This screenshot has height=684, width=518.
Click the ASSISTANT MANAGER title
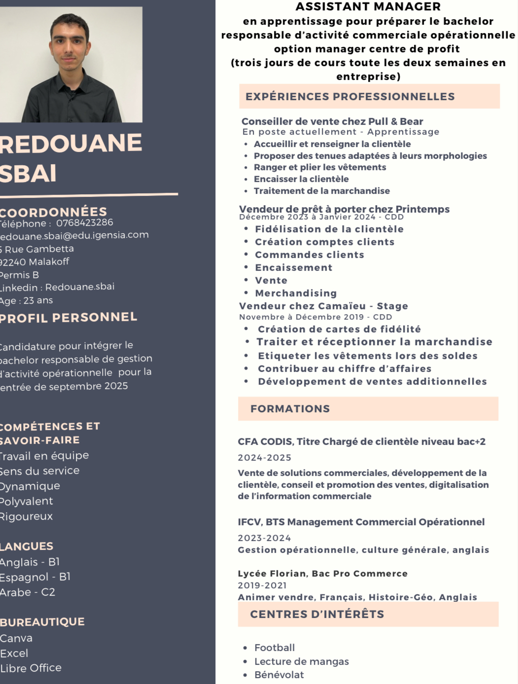pos(368,7)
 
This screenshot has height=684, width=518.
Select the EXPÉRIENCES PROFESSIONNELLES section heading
pos(350,97)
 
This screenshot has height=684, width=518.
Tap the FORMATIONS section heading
pos(290,409)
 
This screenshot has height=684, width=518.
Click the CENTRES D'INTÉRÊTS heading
pos(317,614)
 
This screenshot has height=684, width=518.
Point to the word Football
pos(275,648)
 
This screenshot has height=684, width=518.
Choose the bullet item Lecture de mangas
pos(301,661)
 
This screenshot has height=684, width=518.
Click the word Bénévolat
pos(279,675)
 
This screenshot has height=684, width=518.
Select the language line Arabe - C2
pos(28,592)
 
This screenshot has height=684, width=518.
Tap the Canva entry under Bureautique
pos(16,638)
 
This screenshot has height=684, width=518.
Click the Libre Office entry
pos(31,668)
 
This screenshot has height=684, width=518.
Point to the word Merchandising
pos(296,293)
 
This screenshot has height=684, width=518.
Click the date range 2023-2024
pos(264,538)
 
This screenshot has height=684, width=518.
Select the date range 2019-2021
pos(262,585)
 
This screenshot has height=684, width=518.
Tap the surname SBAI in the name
pos(28,173)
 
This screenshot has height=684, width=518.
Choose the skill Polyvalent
pos(27,502)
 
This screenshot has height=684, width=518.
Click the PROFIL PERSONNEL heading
pos(68,318)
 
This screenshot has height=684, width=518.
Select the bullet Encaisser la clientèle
pos(301,179)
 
